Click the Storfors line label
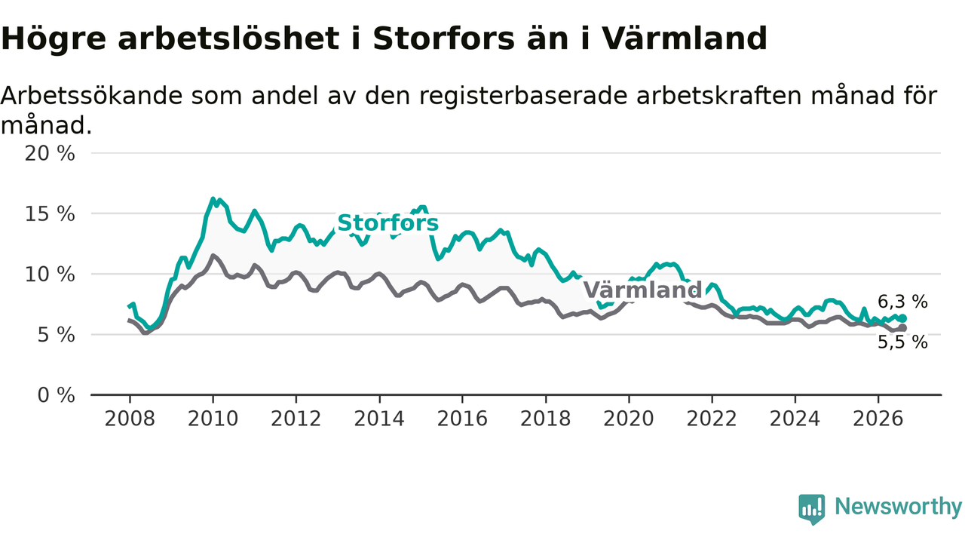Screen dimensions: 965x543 click(x=388, y=223)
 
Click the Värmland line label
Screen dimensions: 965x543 click(x=642, y=290)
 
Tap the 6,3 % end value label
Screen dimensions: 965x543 click(x=902, y=302)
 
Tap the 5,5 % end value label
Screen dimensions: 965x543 click(x=902, y=342)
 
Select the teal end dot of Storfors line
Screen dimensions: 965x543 click(x=903, y=318)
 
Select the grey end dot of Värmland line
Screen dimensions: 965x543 click(x=903, y=328)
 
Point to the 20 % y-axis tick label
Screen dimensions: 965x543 click(x=50, y=153)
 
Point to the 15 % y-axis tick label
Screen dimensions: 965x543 click(x=50, y=213)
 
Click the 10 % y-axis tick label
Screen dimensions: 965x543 click(x=50, y=275)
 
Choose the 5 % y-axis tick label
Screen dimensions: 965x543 click(x=56, y=335)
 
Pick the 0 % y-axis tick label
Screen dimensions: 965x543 click(x=56, y=395)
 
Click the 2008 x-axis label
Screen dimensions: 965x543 click(x=130, y=419)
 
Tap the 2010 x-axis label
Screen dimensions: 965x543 click(x=213, y=419)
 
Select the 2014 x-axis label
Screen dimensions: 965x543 click(x=379, y=419)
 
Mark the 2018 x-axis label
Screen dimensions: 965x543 click(x=545, y=419)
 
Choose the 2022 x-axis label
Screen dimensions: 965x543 click(x=712, y=419)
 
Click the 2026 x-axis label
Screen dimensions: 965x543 click(x=878, y=419)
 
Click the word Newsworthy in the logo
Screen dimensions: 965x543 click(x=898, y=507)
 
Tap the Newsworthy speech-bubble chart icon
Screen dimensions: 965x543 click(x=812, y=509)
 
